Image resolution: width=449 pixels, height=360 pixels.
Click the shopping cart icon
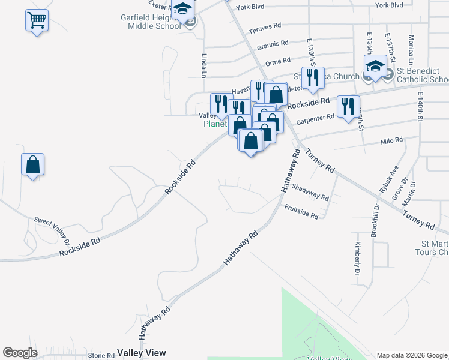(37, 21)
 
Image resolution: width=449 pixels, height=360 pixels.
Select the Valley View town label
(141, 353)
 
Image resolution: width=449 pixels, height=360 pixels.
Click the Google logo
(20, 353)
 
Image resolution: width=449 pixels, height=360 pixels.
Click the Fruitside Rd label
(301, 211)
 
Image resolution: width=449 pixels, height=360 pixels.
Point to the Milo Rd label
(391, 141)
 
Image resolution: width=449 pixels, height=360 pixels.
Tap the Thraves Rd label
(264, 27)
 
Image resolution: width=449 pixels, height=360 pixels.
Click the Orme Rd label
(278, 61)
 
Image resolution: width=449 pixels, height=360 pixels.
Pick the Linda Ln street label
(203, 65)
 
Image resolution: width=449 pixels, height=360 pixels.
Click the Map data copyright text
(411, 355)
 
